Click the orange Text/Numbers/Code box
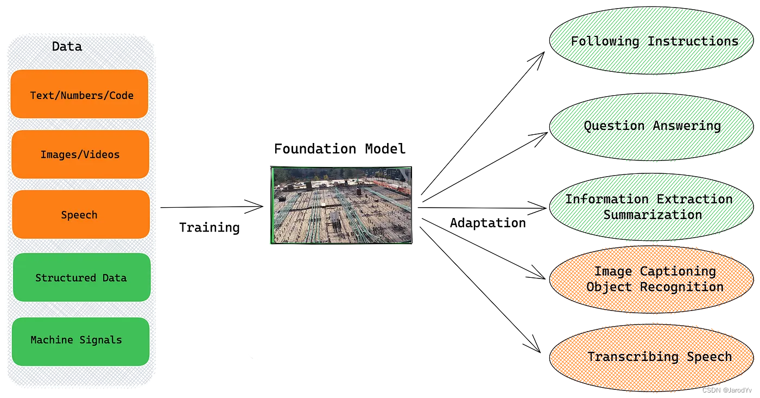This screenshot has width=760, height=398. [79, 94]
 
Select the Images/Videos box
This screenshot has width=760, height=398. [80, 154]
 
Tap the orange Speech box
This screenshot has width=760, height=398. [80, 214]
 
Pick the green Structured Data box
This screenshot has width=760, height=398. [81, 277]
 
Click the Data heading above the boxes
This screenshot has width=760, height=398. [67, 47]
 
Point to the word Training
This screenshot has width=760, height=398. [210, 227]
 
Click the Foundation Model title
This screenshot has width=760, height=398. [340, 149]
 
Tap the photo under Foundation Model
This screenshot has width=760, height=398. [341, 205]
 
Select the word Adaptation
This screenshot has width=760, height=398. [487, 223]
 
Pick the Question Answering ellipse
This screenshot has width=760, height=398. [651, 126]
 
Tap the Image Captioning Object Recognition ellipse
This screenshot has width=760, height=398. [651, 279]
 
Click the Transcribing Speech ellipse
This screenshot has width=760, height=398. [651, 357]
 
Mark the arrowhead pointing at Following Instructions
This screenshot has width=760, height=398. [540, 56]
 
